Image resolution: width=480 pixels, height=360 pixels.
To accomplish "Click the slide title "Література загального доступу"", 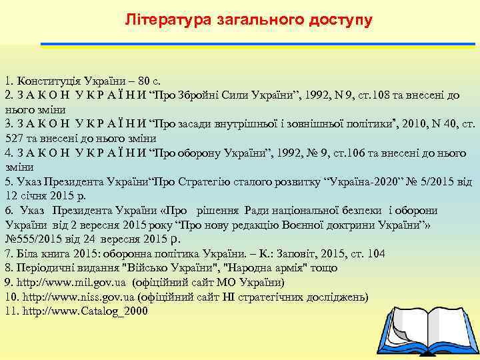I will coord(249,20).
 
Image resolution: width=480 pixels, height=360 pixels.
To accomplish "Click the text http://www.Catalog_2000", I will coord(85,311).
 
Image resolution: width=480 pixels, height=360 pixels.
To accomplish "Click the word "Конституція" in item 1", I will coord(46,81).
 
